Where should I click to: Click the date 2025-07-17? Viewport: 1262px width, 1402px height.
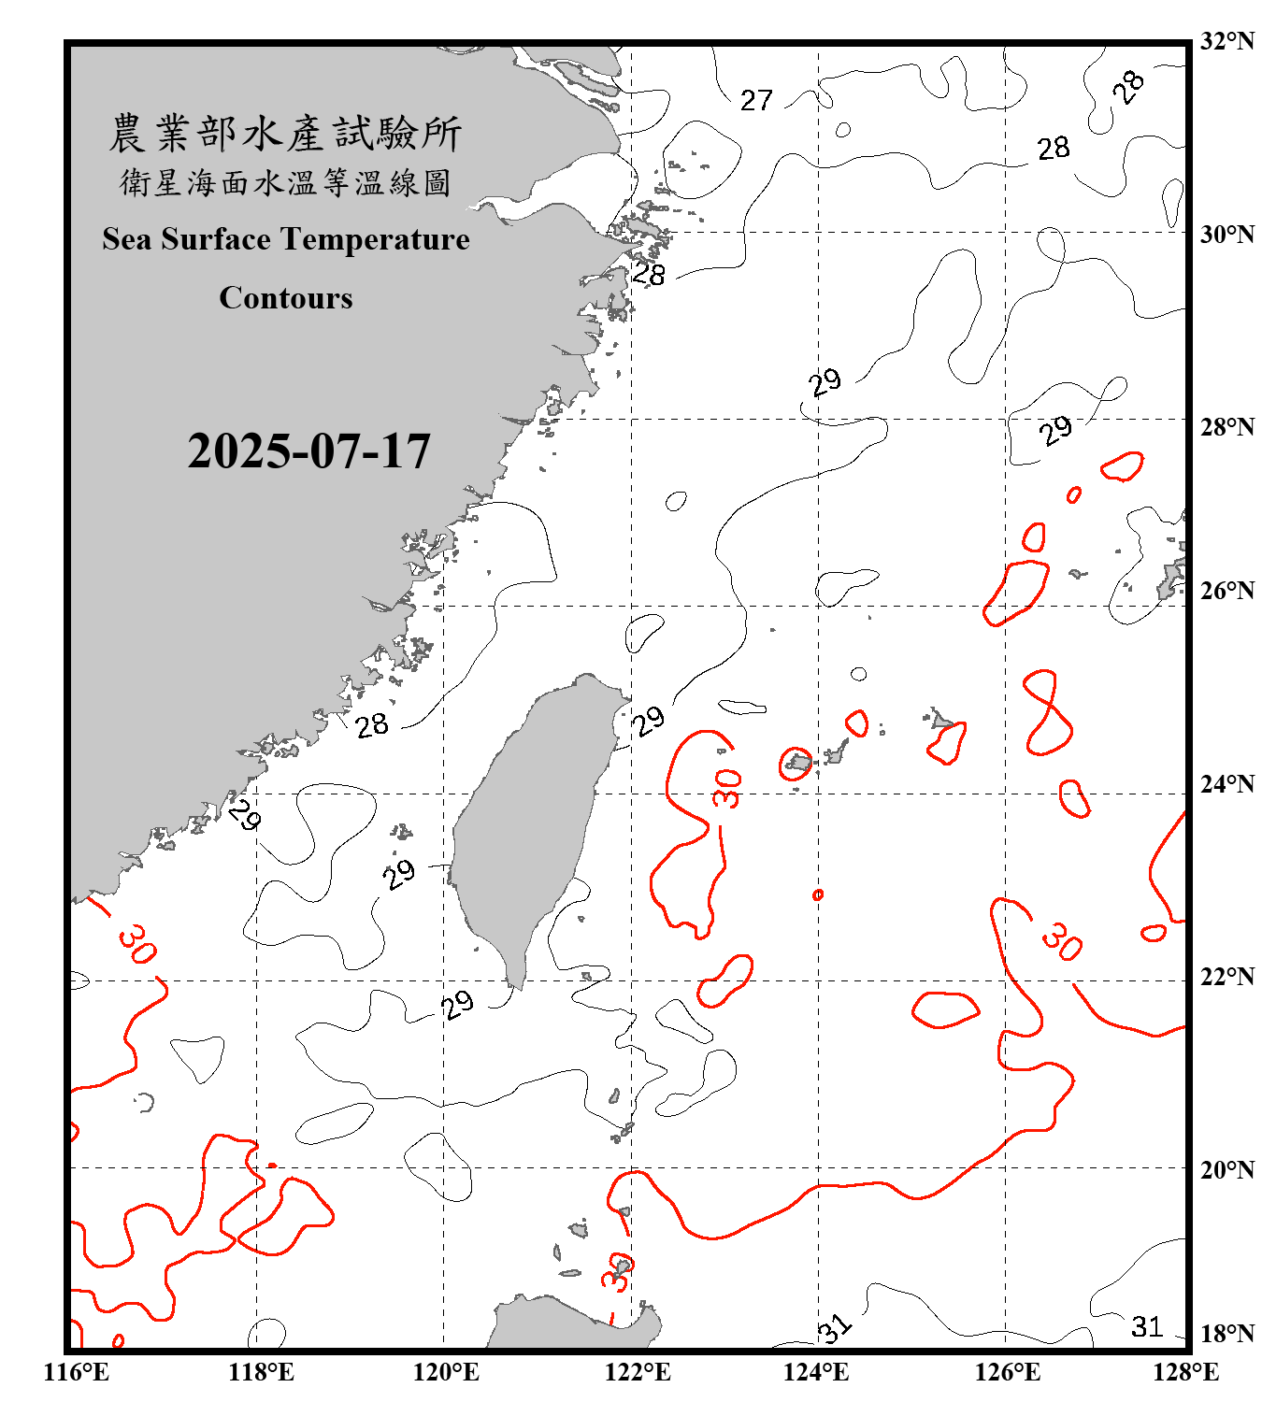(308, 451)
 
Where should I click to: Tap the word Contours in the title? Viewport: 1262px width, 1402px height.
(286, 298)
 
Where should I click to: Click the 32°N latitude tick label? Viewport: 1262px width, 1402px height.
(1226, 41)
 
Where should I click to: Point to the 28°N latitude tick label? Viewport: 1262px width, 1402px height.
(1226, 427)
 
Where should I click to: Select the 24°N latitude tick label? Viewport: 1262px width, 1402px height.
(1226, 784)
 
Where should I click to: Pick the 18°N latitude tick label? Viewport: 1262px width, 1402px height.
(1226, 1334)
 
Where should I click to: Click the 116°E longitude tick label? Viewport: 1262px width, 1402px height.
(77, 1372)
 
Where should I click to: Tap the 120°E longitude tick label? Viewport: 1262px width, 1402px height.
(446, 1372)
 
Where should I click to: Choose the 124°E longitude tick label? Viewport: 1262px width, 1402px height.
(816, 1372)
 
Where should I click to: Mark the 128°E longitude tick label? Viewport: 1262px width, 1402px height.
(1185, 1372)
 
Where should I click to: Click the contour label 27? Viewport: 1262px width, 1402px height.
(756, 100)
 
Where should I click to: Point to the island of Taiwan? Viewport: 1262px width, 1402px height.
(528, 823)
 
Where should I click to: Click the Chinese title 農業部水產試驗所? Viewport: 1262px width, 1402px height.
(285, 134)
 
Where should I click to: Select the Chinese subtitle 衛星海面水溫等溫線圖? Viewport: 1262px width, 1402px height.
(285, 183)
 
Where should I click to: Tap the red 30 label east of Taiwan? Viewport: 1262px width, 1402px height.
(726, 788)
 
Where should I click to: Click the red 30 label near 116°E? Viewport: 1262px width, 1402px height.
(137, 944)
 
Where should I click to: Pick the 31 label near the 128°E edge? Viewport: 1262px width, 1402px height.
(1147, 1327)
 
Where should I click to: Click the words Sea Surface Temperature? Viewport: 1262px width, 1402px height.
(286, 239)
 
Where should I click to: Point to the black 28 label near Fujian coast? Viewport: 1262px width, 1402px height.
(372, 724)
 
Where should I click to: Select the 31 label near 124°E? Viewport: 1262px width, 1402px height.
(835, 1328)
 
